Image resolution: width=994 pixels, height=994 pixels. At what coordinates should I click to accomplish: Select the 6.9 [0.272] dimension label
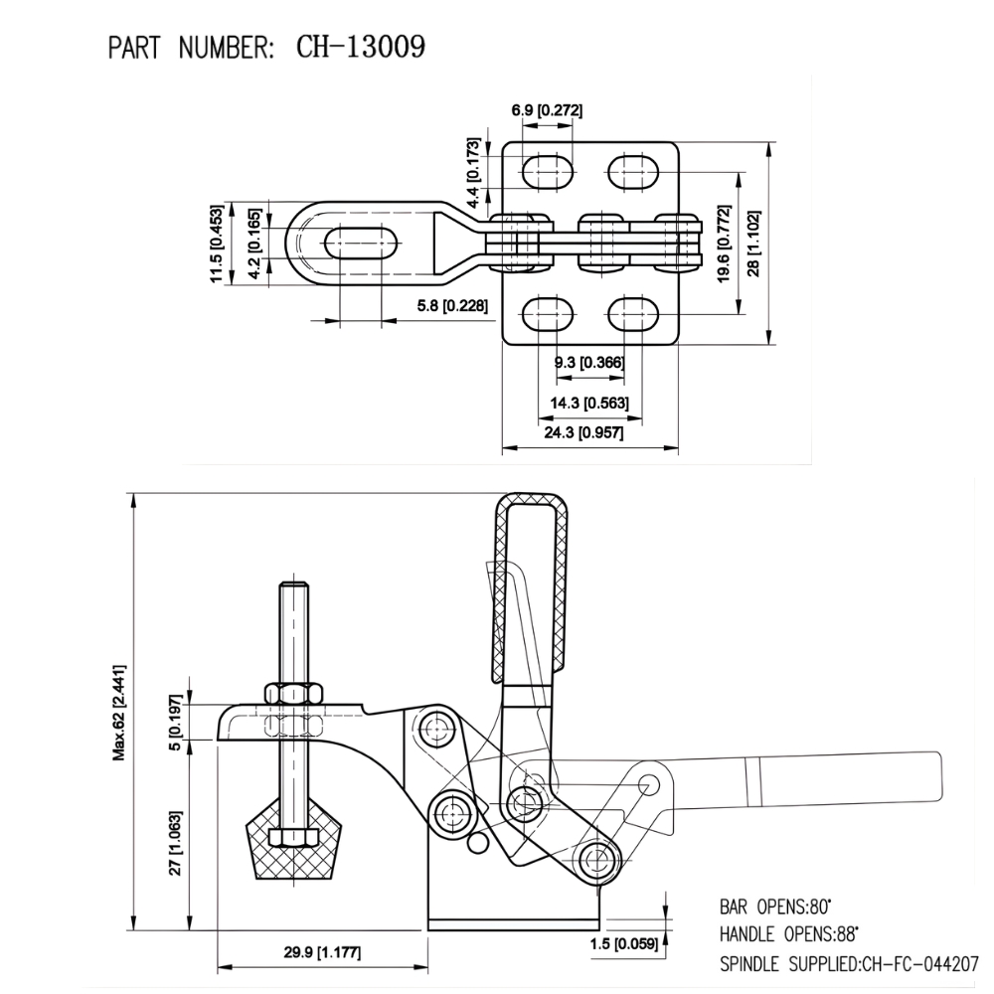(x=546, y=109)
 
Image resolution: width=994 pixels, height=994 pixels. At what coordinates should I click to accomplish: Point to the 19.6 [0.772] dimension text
(x=725, y=242)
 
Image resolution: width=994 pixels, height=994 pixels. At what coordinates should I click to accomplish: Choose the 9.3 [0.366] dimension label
(x=588, y=363)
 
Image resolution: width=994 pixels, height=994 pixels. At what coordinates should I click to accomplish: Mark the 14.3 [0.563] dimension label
(x=586, y=403)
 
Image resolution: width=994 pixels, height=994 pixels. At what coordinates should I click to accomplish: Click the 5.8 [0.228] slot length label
(x=451, y=306)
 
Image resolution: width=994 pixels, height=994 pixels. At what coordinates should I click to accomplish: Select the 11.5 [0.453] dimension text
(x=216, y=244)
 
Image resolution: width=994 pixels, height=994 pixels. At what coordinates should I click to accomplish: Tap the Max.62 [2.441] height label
(x=118, y=711)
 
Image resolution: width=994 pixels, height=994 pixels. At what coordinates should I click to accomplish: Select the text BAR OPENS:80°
(x=774, y=908)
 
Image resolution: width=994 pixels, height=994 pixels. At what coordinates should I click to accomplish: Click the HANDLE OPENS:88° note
(x=788, y=935)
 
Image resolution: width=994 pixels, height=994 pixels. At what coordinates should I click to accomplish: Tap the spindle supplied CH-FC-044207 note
(x=849, y=964)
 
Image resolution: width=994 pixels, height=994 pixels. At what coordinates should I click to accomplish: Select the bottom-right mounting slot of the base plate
(x=633, y=315)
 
